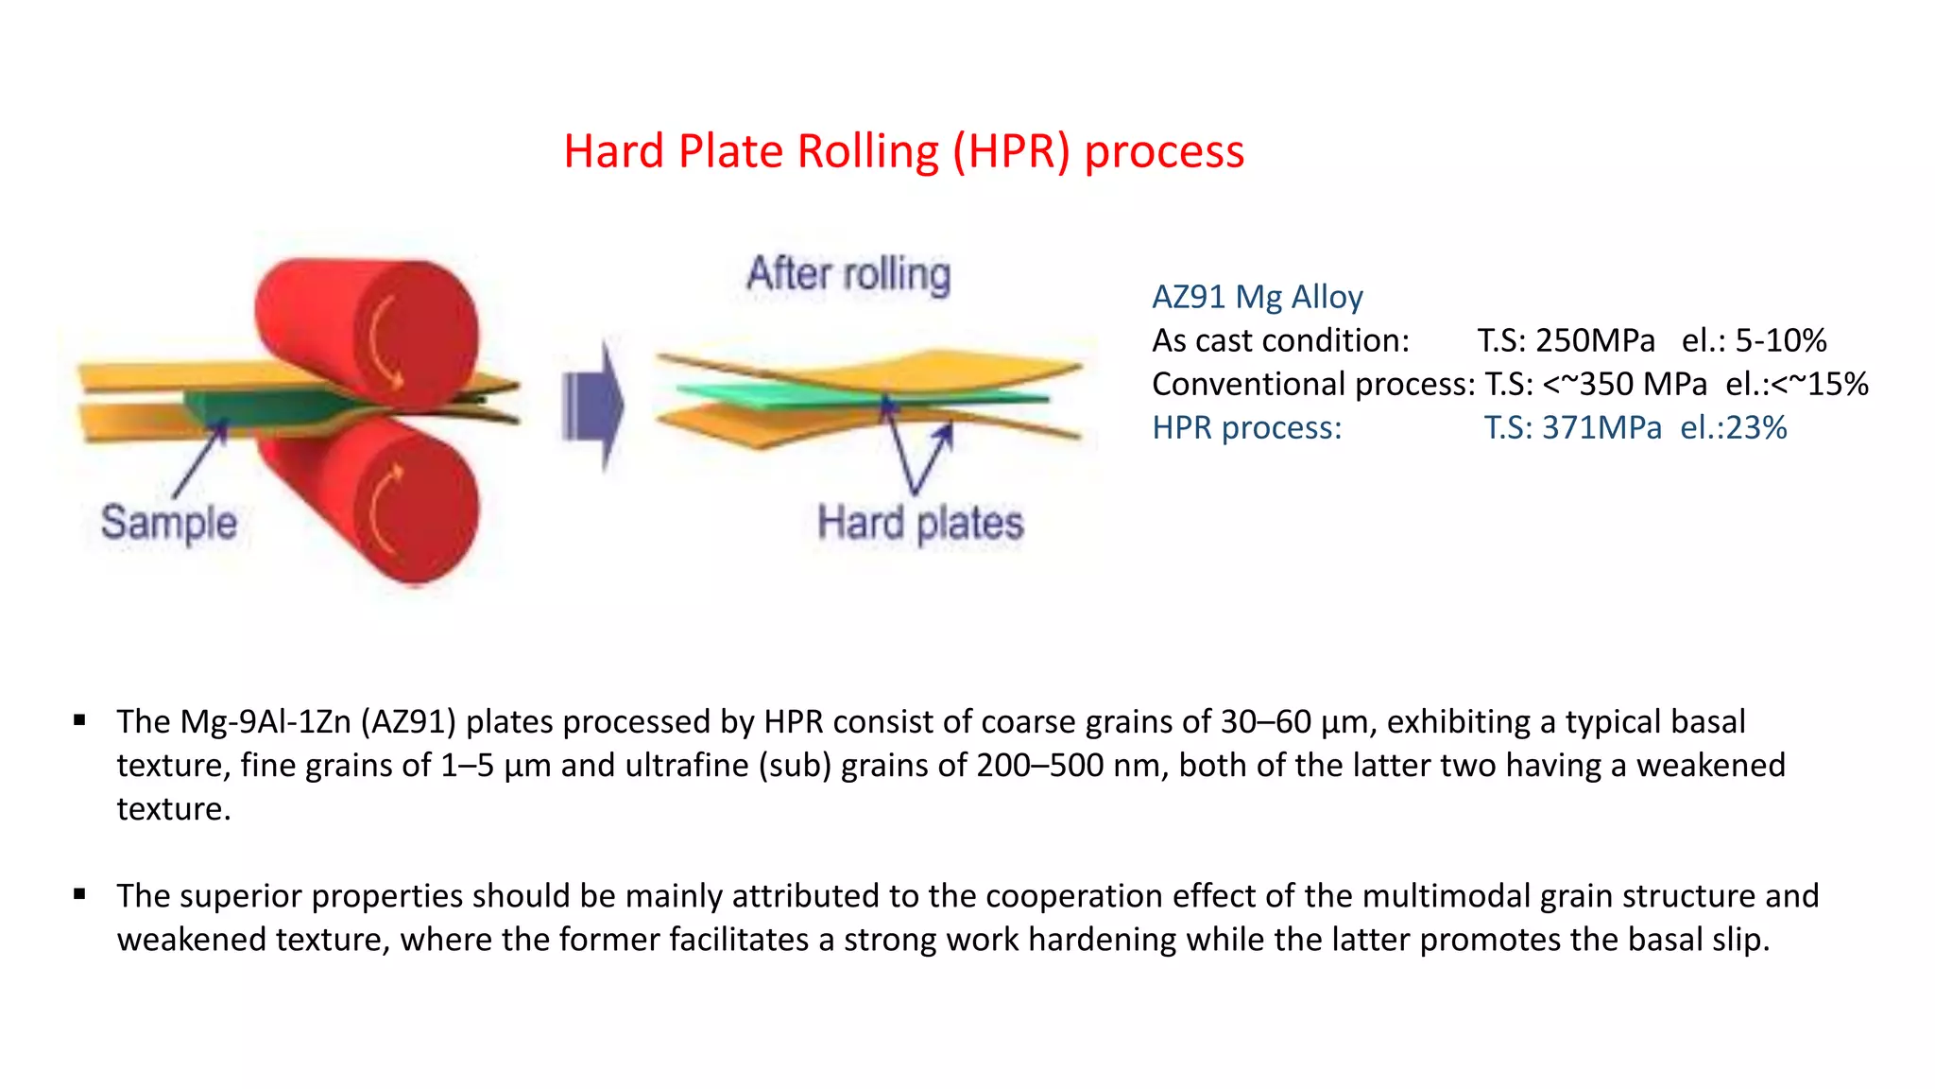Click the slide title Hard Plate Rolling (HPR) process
pyautogui.click(x=903, y=151)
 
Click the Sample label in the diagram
pyautogui.click(x=168, y=523)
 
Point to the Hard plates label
pyautogui.click(x=920, y=523)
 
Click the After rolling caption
pyautogui.click(x=848, y=274)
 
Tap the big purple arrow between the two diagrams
pyautogui.click(x=594, y=407)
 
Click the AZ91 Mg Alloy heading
pyautogui.click(x=1257, y=297)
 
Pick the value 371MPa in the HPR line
pyautogui.click(x=1601, y=427)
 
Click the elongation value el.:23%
pyautogui.click(x=1733, y=427)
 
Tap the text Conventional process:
pyautogui.click(x=1312, y=384)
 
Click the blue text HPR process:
pyautogui.click(x=1246, y=427)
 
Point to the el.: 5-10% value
pyautogui.click(x=1754, y=340)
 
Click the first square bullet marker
pyautogui.click(x=79, y=720)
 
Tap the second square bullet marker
pyautogui.click(x=79, y=894)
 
